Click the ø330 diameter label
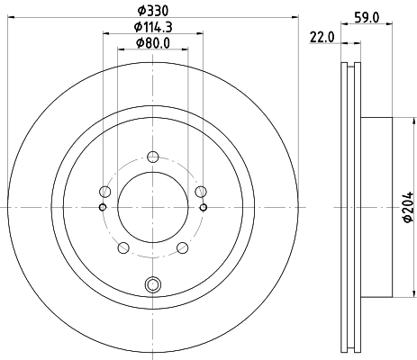(151, 10)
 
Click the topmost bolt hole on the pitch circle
(152, 154)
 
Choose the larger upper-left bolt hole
(105, 192)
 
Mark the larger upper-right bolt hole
(200, 190)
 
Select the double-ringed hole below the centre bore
(152, 286)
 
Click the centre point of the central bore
(152, 208)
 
